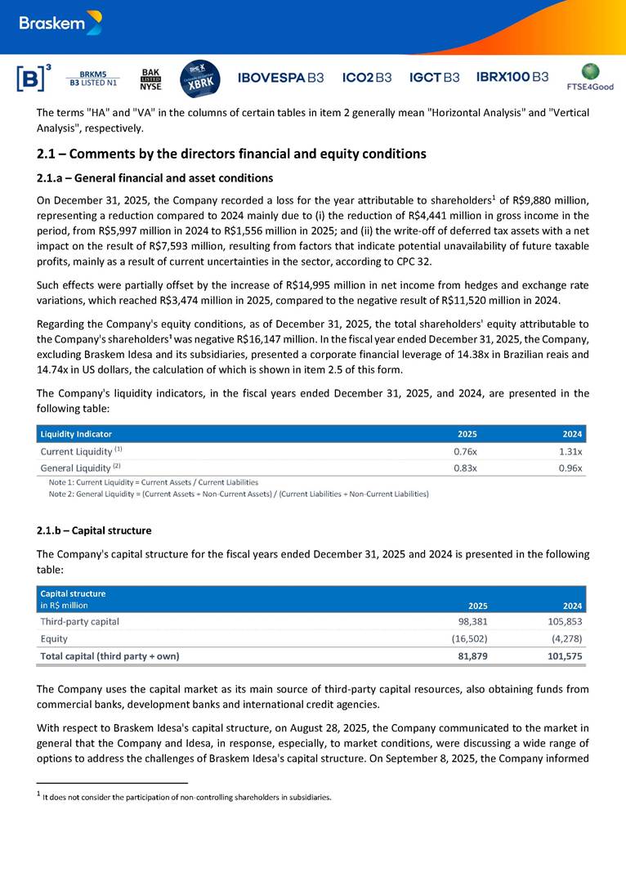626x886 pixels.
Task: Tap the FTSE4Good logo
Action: [x=589, y=77]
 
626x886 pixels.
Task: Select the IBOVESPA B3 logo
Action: [x=280, y=78]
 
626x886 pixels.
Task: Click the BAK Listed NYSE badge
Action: [x=151, y=78]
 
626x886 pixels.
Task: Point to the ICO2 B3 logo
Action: [x=367, y=78]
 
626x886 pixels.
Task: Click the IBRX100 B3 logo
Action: [x=512, y=77]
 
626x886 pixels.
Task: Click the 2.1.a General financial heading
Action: [x=155, y=178]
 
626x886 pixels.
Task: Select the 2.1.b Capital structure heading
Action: [x=94, y=530]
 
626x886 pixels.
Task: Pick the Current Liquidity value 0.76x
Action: [x=465, y=451]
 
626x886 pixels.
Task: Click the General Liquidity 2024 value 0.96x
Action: [x=570, y=468]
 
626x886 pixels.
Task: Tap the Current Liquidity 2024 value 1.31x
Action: [x=570, y=451]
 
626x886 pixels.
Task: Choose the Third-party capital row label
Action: [x=79, y=621]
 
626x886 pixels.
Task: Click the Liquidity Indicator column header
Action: [x=76, y=434]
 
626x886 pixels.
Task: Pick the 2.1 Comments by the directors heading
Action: [x=231, y=154]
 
